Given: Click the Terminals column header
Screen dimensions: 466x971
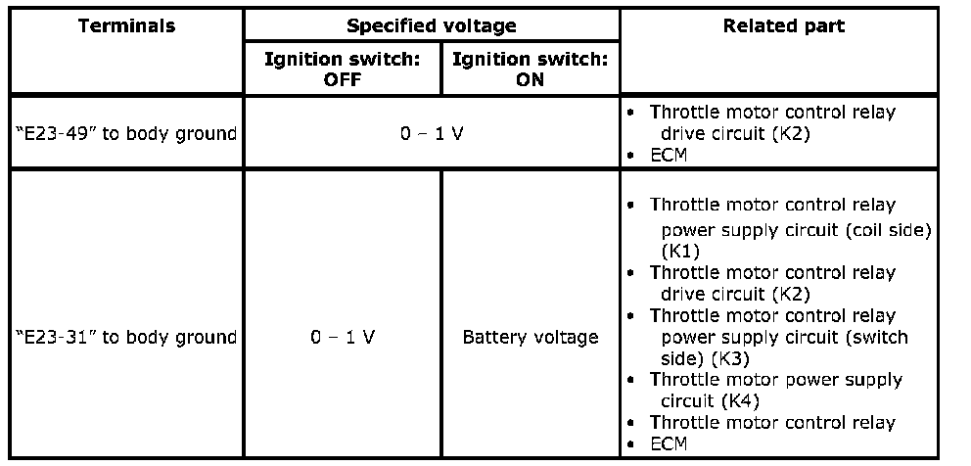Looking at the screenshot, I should pyautogui.click(x=126, y=25).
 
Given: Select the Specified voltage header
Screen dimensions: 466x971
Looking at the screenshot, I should pyautogui.click(x=432, y=25).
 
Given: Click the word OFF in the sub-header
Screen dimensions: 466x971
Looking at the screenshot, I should pyautogui.click(x=343, y=80).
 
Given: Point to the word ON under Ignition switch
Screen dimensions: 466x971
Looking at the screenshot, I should pyautogui.click(x=530, y=80).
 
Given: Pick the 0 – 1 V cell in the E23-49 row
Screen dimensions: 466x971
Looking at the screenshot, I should pyautogui.click(x=432, y=133).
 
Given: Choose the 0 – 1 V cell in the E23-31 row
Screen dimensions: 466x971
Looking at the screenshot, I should pyautogui.click(x=343, y=337).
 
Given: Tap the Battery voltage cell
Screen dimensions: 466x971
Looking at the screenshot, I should pyautogui.click(x=530, y=337).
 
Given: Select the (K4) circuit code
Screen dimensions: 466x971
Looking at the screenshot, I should pyautogui.click(x=740, y=400).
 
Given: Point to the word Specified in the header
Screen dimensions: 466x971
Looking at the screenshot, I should pyautogui.click(x=393, y=25).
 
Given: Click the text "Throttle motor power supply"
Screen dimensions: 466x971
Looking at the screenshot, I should pyautogui.click(x=776, y=379).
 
